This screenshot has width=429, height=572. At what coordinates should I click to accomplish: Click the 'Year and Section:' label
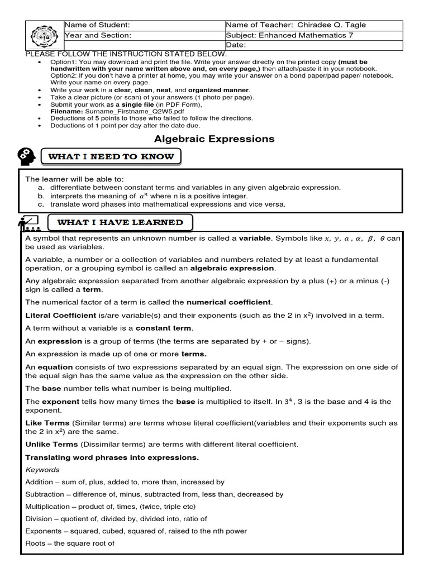coord(98,35)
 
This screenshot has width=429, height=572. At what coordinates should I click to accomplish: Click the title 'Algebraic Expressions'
coord(214,139)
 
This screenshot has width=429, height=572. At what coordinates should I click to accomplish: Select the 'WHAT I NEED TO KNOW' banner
coord(111,157)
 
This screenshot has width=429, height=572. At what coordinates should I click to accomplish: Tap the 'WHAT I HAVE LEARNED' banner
coord(120,222)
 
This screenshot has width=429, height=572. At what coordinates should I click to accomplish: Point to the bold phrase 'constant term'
coord(163,328)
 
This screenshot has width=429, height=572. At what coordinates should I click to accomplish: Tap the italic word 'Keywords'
coord(42,470)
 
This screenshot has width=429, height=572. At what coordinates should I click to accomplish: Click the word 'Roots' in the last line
coord(36,544)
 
